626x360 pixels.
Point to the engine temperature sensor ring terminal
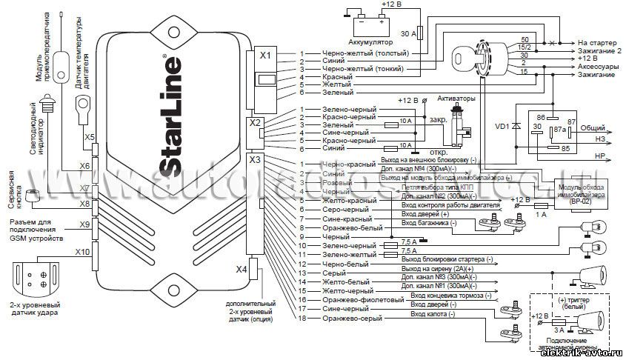pyautogui.click(x=81, y=107)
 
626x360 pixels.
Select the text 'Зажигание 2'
pyautogui.click(x=599, y=50)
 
